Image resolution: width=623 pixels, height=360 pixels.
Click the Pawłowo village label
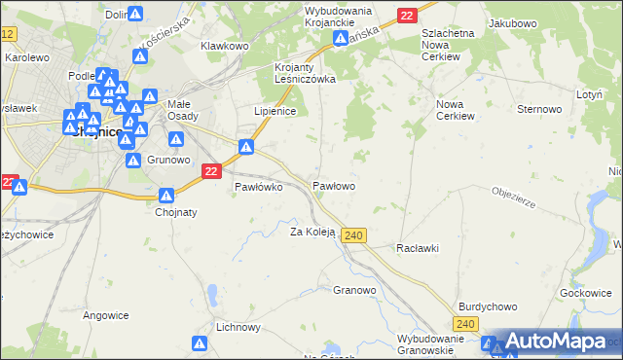(333, 185)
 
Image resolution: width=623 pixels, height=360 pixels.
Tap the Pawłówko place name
(258, 188)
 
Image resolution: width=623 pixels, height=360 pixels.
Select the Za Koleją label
(312, 232)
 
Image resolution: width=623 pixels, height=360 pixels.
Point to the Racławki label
(418, 248)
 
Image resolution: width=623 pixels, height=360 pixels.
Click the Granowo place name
(354, 290)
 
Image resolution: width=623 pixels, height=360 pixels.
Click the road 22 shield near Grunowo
(211, 170)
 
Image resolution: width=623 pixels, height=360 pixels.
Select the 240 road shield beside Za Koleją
(354, 236)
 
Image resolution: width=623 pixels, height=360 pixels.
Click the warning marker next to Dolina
(136, 14)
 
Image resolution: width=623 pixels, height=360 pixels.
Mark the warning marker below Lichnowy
(200, 343)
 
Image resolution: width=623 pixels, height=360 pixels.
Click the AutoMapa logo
(554, 341)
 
